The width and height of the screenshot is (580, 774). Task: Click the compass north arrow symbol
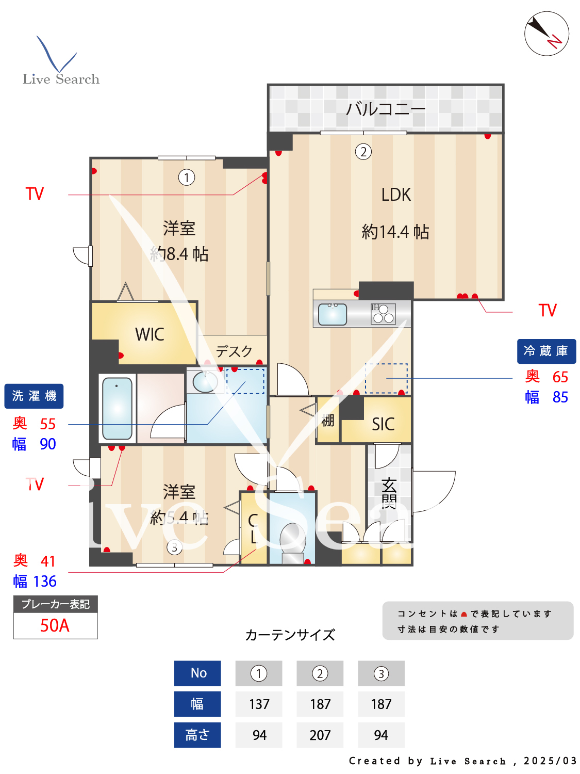click(x=546, y=34)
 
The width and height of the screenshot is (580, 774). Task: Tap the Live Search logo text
click(x=61, y=79)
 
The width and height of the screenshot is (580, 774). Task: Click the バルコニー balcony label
click(x=385, y=109)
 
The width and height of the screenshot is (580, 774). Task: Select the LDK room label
click(x=396, y=195)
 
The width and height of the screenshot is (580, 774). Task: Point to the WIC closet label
click(x=150, y=334)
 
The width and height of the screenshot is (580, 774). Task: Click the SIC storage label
click(x=383, y=424)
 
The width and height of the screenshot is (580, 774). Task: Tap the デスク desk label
click(x=234, y=351)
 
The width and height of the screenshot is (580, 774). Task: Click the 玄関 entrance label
click(x=389, y=493)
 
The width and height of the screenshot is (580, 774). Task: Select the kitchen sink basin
click(x=333, y=314)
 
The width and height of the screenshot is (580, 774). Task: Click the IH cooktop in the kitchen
click(x=383, y=314)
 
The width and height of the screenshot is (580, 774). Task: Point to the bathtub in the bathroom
click(x=117, y=408)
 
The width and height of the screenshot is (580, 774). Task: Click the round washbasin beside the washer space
click(x=205, y=381)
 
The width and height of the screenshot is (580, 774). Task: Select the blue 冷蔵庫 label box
click(x=546, y=351)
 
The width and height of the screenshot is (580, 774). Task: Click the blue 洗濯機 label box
click(x=34, y=396)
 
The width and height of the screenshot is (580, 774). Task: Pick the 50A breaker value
click(x=55, y=626)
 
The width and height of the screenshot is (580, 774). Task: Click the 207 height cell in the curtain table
click(x=320, y=735)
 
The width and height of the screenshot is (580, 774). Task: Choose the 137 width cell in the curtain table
click(x=259, y=704)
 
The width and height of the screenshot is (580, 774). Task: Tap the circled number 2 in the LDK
click(x=363, y=152)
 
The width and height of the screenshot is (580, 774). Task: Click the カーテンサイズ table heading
click(x=290, y=635)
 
